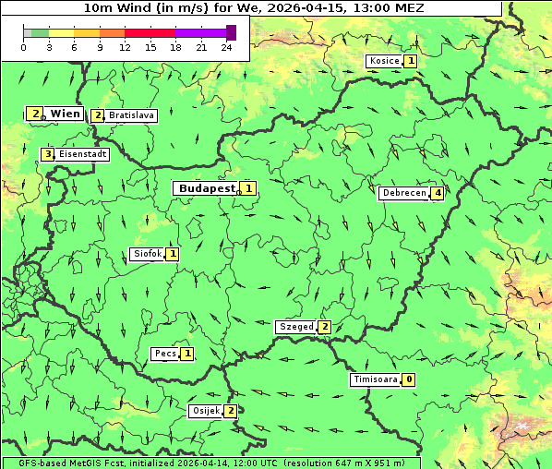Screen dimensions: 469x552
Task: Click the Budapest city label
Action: point(206,188)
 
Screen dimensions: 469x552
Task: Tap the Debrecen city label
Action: point(402,193)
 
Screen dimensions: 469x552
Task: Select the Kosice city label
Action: point(383,61)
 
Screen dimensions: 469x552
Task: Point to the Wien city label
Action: point(65,114)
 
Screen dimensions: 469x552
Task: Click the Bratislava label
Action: point(130,115)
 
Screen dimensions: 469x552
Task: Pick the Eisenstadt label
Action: point(82,154)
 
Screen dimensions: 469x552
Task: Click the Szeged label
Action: point(295,327)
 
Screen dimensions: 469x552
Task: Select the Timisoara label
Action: point(374,379)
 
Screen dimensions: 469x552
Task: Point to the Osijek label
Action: point(204,411)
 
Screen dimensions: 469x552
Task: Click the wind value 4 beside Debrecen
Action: point(438,193)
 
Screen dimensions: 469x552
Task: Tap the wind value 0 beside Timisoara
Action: point(409,379)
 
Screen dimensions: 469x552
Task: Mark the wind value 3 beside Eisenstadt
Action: point(48,154)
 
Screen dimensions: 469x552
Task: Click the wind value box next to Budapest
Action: point(248,188)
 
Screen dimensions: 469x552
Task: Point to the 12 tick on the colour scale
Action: point(125,46)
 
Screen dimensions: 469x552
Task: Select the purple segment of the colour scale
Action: point(200,32)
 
